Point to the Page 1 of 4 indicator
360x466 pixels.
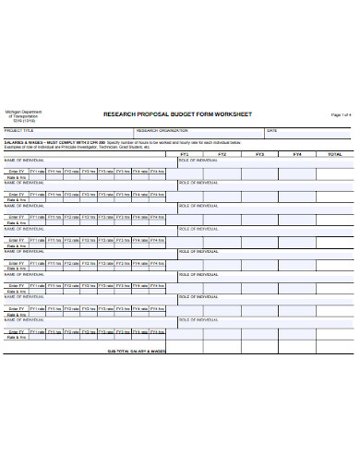tap(341, 114)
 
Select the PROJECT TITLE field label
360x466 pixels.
tap(18, 131)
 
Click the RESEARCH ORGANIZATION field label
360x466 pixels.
tap(162, 131)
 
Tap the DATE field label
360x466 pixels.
tap(271, 131)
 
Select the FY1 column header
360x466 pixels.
tap(184, 154)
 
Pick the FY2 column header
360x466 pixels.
tap(222, 154)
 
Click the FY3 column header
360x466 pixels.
tap(259, 154)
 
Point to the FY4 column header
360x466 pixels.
tap(296, 154)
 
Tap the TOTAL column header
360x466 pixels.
tap(334, 154)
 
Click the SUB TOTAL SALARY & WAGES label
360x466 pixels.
tap(136, 352)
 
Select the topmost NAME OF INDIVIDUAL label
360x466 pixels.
tap(25, 160)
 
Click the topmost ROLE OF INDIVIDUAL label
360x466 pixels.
tap(198, 160)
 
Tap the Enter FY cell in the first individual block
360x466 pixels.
tap(16, 171)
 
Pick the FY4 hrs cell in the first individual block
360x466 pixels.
tap(141, 171)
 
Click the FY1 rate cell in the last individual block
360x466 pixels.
tap(38, 331)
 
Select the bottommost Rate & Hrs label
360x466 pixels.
tap(16, 338)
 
